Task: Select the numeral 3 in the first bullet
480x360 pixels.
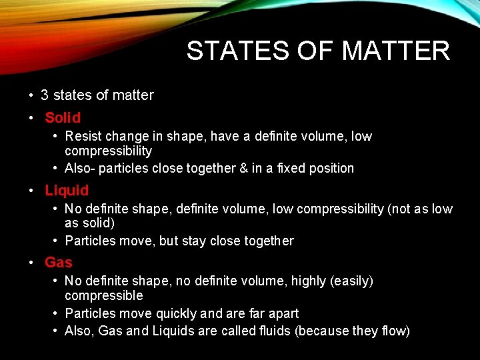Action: pos(45,95)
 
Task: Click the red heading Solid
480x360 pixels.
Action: pos(63,118)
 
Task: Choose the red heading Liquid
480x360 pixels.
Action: pos(67,191)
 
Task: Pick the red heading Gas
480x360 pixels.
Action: pos(59,263)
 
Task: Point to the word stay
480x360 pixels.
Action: pos(193,241)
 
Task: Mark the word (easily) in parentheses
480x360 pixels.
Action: pos(351,281)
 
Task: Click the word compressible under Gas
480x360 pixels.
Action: pos(104,295)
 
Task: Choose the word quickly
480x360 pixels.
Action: pos(177,313)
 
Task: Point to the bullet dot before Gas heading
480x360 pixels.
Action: pos(32,263)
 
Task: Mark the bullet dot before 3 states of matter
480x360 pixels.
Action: pos(32,95)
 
